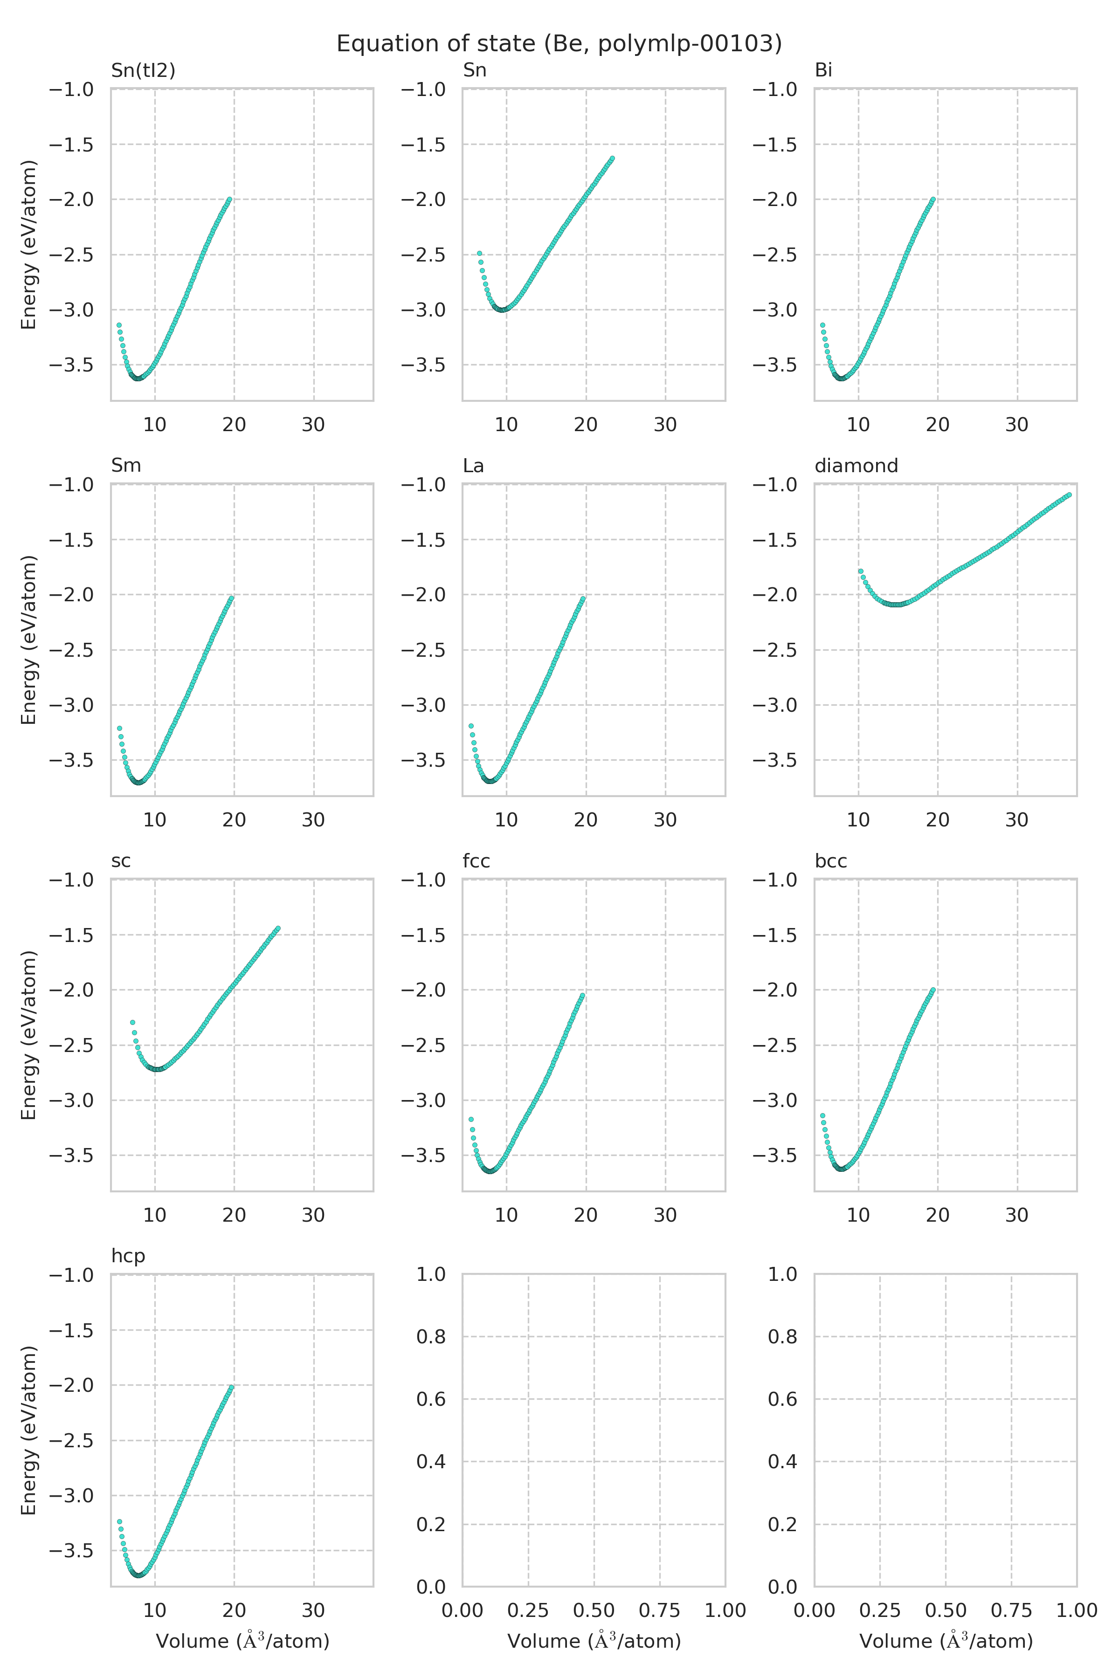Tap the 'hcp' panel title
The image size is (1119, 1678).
[128, 1256]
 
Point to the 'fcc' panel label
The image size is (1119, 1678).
[476, 861]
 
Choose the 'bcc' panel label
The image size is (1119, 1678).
[831, 861]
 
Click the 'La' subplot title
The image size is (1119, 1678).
[473, 466]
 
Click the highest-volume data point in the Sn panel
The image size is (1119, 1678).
[612, 158]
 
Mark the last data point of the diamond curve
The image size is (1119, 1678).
[1068, 495]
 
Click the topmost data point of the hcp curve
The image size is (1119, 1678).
[231, 1387]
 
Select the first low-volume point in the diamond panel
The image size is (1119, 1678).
[861, 571]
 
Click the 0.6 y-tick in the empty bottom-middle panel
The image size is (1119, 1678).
[431, 1399]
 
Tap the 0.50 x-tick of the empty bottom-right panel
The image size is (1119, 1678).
[946, 1610]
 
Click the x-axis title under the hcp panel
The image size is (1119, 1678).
[242, 1642]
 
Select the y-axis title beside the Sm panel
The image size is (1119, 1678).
[28, 640]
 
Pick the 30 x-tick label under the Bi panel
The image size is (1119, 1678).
[1017, 425]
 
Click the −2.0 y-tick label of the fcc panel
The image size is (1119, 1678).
[423, 990]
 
